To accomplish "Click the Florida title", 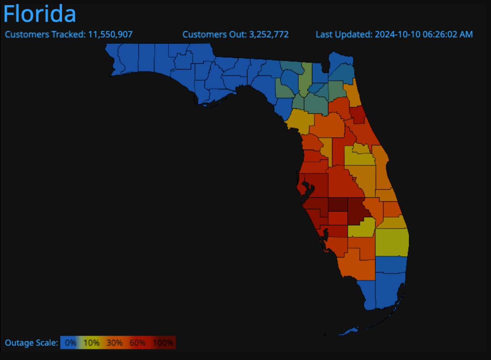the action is [x=40, y=13].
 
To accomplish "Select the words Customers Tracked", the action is [x=45, y=35].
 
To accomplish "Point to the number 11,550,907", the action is [x=110, y=35].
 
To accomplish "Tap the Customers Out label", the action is [x=214, y=35].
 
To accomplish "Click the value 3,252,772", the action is [x=269, y=35].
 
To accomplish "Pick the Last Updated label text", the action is [x=344, y=35].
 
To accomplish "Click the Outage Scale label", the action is [x=31, y=343].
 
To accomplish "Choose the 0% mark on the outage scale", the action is [x=71, y=343].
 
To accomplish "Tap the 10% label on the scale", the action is [x=92, y=343].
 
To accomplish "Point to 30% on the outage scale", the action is [x=114, y=343].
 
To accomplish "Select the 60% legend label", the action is [x=137, y=343].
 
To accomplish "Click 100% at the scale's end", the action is [x=163, y=343].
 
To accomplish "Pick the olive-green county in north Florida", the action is [x=305, y=79].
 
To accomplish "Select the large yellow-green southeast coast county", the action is [x=392, y=242].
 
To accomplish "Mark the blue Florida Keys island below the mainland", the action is [x=349, y=331].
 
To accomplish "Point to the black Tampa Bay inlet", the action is [x=307, y=189].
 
